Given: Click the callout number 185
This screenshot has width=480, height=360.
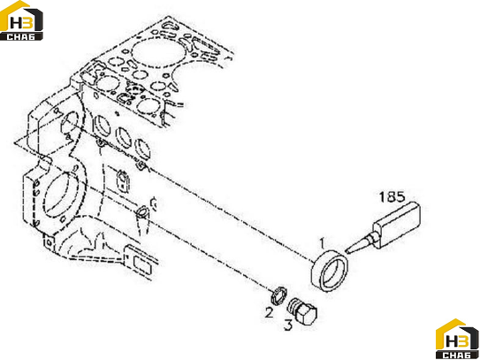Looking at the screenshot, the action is [392, 197].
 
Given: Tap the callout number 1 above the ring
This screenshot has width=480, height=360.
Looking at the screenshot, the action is [322, 243].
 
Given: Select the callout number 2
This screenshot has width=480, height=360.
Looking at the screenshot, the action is [269, 313].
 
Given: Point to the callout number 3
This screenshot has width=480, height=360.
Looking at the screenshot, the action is [288, 325].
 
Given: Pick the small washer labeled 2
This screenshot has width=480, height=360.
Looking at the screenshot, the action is [278, 295].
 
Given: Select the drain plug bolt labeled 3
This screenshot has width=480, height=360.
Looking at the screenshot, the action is [302, 310].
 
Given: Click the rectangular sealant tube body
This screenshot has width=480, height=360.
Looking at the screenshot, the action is [396, 225].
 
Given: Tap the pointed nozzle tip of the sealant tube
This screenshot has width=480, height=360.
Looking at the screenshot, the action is [347, 251].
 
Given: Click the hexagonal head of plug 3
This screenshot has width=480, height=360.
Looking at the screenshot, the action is [308, 313].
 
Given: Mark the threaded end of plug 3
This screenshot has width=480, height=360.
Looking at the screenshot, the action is [293, 305].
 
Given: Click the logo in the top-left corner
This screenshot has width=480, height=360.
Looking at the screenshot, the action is [21, 20].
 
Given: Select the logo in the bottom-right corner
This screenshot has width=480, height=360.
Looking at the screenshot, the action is [457, 339].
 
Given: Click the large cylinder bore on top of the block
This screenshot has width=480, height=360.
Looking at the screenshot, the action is [157, 53].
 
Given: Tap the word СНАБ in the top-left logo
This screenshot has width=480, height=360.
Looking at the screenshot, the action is [21, 37].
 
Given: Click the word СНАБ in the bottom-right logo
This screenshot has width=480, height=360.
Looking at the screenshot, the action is [457, 356].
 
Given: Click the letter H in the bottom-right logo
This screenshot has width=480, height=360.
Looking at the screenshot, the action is [451, 341].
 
